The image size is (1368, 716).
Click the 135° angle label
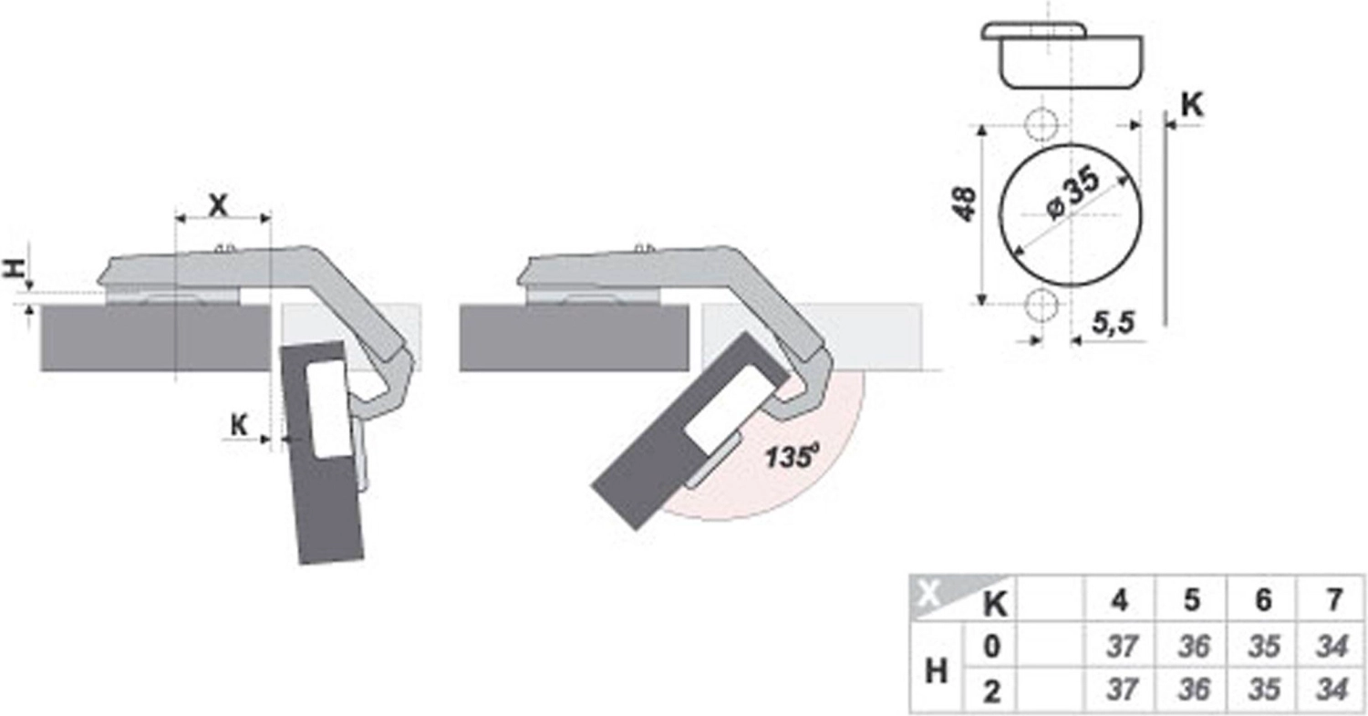click(x=793, y=456)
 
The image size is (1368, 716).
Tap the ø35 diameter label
click(x=1073, y=192)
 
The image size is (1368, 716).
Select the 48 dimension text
click(x=965, y=204)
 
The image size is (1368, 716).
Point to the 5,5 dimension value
click(x=1114, y=323)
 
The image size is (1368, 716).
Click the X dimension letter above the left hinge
click(x=218, y=205)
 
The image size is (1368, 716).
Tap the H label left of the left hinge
click(x=14, y=268)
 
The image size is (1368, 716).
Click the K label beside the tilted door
click(x=239, y=425)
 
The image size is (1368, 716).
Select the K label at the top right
click(x=1191, y=105)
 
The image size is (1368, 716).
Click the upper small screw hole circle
click(x=1041, y=125)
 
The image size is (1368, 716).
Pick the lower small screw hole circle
click(x=1041, y=305)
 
